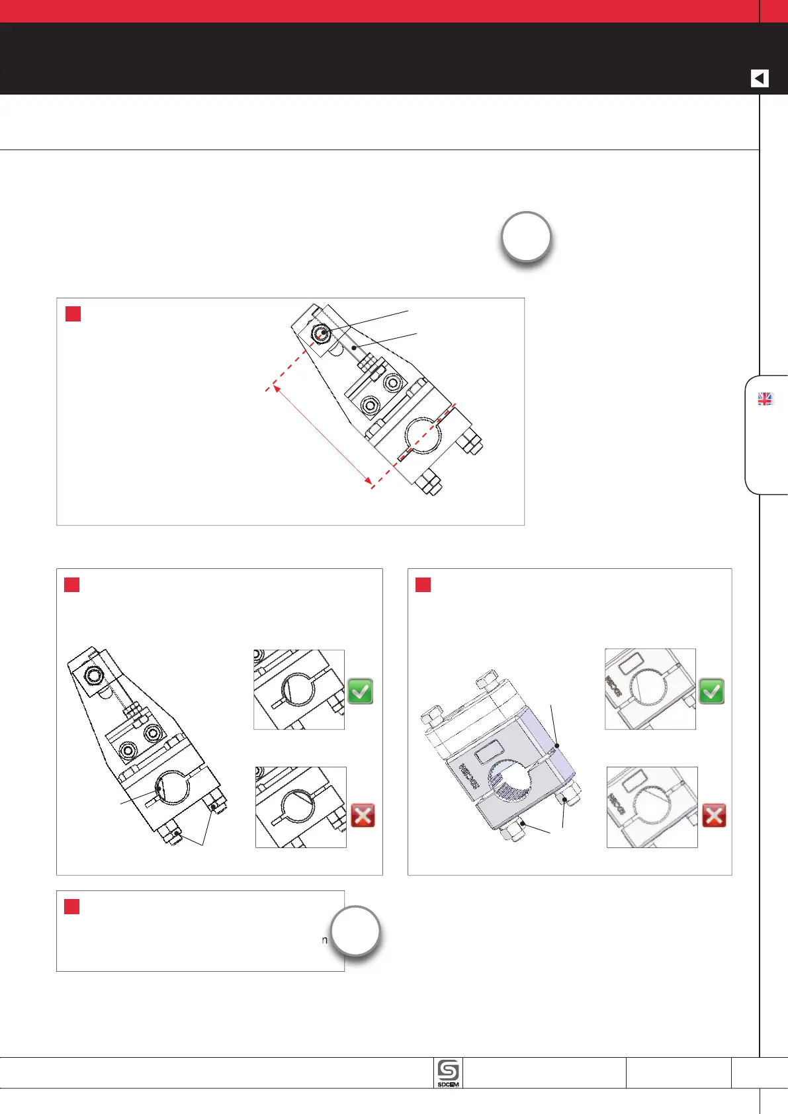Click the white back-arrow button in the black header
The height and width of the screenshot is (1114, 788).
click(760, 78)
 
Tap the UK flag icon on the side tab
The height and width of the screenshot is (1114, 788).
click(765, 399)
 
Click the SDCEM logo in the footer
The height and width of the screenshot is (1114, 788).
click(449, 1073)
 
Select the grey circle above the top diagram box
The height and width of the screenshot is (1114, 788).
click(526, 237)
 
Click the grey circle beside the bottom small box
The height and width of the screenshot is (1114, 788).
click(355, 931)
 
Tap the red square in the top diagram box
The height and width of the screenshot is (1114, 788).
click(73, 314)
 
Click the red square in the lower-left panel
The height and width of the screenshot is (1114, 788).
click(71, 585)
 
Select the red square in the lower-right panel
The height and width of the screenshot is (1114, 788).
click(423, 585)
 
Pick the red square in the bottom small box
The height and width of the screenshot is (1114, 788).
click(71, 906)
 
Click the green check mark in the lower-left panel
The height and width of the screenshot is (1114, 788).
click(361, 691)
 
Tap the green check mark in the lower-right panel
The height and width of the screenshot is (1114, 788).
click(712, 691)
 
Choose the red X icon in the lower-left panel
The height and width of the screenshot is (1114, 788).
click(363, 815)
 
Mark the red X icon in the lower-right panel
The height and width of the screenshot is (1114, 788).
click(714, 815)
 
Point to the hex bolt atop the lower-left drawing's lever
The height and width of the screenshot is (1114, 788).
click(93, 675)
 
